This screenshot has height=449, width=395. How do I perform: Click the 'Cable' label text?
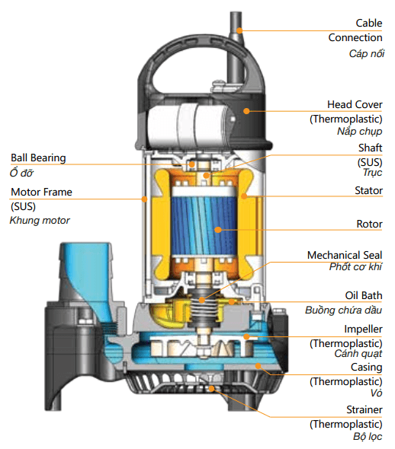[368, 23]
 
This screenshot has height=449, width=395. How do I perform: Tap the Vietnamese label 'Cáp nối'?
[366, 53]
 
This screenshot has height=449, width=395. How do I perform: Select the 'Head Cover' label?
[355, 104]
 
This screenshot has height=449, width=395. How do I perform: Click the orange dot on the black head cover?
[246, 111]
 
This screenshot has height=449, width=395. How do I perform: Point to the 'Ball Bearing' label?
[38, 158]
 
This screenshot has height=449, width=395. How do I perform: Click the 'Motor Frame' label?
[41, 192]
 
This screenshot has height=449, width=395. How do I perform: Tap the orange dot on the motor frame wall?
[144, 199]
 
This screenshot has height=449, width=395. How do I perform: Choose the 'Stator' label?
[368, 190]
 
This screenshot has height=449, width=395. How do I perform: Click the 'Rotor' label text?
[369, 224]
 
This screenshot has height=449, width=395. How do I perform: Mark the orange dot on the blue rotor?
[218, 230]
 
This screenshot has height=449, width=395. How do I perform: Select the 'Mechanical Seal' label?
[345, 255]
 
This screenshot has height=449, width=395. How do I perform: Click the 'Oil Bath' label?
[364, 295]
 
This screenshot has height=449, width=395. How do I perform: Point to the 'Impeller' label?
[363, 330]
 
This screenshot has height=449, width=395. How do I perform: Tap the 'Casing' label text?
[366, 368]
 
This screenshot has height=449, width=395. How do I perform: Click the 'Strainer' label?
[364, 409]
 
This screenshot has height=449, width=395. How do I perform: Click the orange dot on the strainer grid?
[211, 389]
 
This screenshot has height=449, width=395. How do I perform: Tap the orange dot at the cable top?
[239, 30]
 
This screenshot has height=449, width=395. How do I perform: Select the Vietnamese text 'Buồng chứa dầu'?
[343, 310]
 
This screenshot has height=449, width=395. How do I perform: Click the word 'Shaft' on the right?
[370, 148]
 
